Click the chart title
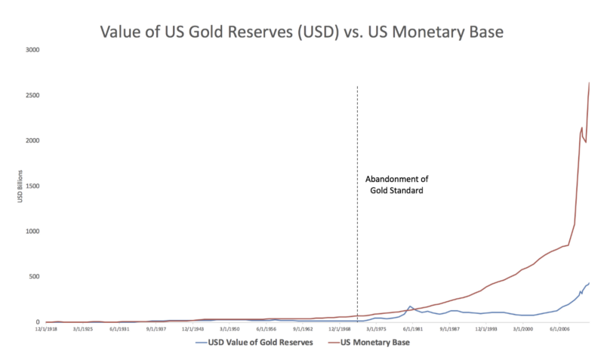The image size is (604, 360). (301, 32)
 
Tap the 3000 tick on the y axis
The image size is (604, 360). (33, 51)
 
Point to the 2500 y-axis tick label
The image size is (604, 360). (33, 96)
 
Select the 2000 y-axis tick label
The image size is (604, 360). (33, 141)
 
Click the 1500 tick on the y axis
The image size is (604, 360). (33, 186)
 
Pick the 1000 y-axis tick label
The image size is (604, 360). (33, 232)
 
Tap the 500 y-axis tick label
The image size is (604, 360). (35, 277)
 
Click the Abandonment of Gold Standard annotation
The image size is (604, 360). (397, 185)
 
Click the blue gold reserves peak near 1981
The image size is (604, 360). (410, 306)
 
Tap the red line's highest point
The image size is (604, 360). (589, 82)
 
